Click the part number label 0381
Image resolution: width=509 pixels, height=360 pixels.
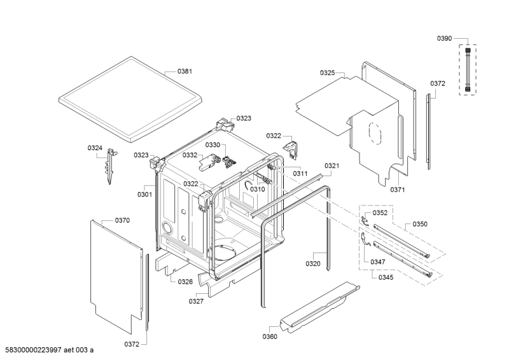pyautogui.click(x=185, y=71)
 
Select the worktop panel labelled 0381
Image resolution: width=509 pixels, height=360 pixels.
pyautogui.click(x=130, y=99)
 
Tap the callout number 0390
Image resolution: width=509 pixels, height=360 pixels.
pyautogui.click(x=444, y=39)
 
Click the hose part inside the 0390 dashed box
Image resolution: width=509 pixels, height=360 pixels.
pyautogui.click(x=468, y=69)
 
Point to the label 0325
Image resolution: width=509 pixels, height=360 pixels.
pyautogui.click(x=327, y=73)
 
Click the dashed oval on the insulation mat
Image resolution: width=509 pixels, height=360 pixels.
pyautogui.click(x=375, y=134)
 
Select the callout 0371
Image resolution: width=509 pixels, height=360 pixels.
pyautogui.click(x=397, y=190)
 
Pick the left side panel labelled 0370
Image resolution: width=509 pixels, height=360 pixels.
pyautogui.click(x=116, y=276)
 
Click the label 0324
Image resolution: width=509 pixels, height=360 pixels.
pyautogui.click(x=95, y=148)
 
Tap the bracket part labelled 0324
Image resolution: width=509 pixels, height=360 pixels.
pyautogui.click(x=110, y=165)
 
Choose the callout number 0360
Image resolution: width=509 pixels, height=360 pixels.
pyautogui.click(x=270, y=336)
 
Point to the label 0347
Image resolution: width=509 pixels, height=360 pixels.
pyautogui.click(x=378, y=262)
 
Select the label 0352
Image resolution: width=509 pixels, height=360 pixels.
pyautogui.click(x=380, y=213)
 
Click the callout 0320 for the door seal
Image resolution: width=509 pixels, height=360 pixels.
pyautogui.click(x=313, y=263)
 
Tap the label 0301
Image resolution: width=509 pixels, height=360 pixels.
pyautogui.click(x=145, y=195)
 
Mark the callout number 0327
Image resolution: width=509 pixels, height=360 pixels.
pyautogui.click(x=196, y=301)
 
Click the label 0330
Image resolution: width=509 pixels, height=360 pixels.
pyautogui.click(x=213, y=145)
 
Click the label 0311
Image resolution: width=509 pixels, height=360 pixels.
pyautogui.click(x=300, y=174)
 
